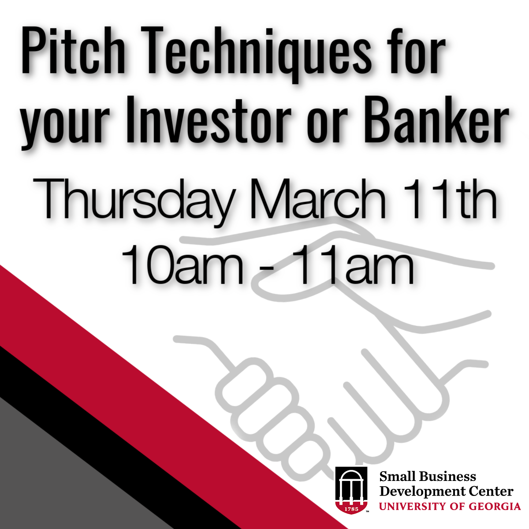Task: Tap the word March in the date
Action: coord(315,198)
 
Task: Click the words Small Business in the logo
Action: coord(428,476)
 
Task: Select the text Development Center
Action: coord(447,492)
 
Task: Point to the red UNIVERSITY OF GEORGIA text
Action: coord(450,506)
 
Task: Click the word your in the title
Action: coord(66,126)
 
